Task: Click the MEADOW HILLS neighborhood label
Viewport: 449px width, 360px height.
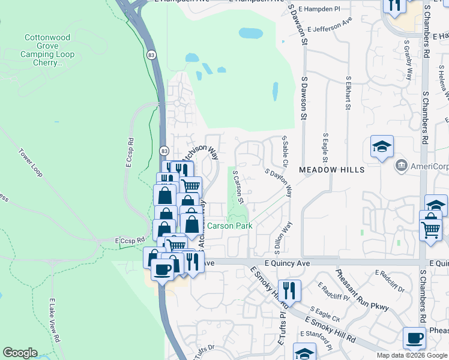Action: (x=332, y=170)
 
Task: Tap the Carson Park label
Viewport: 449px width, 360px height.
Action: (x=229, y=226)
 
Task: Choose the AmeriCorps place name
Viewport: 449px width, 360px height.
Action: (x=429, y=166)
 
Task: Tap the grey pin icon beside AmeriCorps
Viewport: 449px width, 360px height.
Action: (x=401, y=165)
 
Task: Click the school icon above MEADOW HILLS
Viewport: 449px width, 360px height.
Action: (x=382, y=146)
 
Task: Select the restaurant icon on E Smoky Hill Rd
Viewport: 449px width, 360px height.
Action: (x=289, y=290)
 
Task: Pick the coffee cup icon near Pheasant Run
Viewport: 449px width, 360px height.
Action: (x=414, y=338)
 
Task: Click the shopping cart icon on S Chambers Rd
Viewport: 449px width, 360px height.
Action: (x=431, y=229)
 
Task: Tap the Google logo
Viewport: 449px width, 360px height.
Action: (x=20, y=353)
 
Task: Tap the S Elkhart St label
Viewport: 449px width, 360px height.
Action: (x=348, y=93)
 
